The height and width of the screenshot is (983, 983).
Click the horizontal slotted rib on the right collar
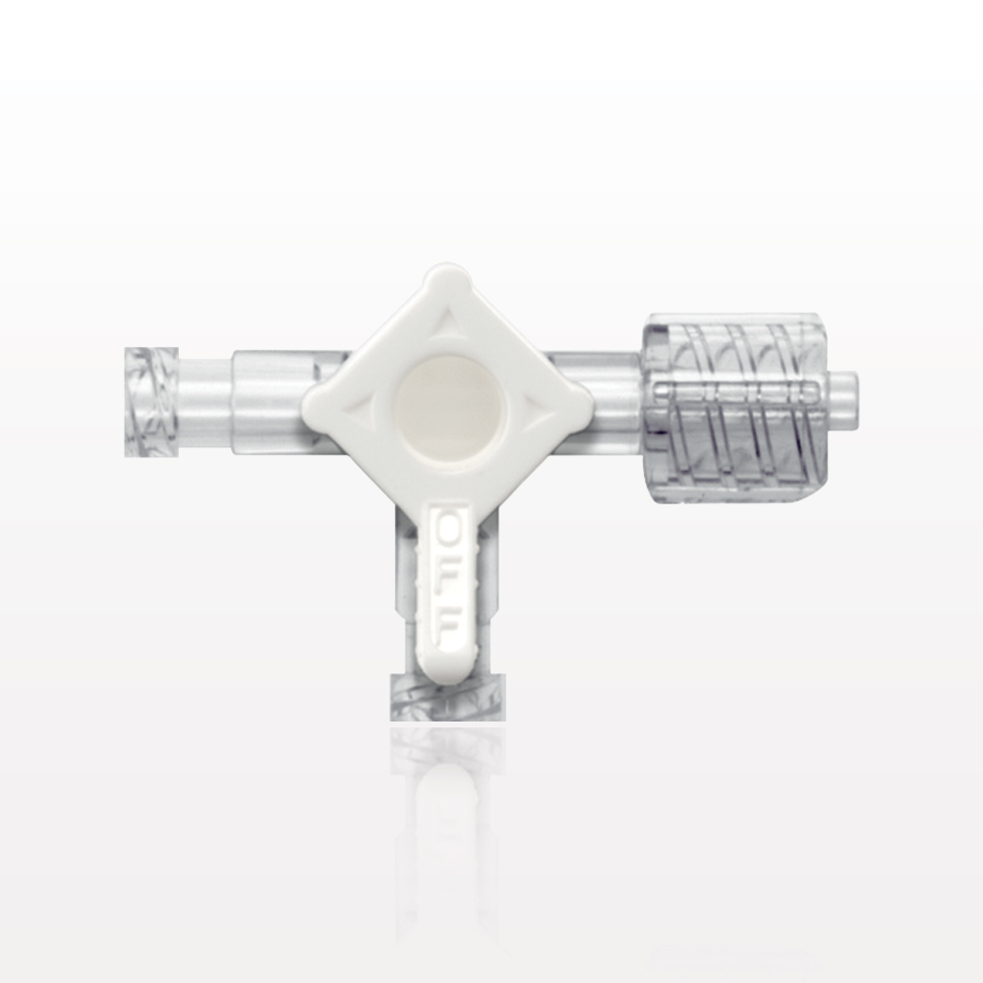click(x=732, y=394)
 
